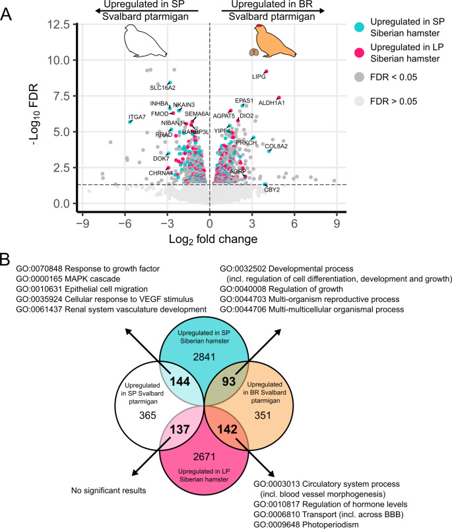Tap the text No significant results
(110, 490)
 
